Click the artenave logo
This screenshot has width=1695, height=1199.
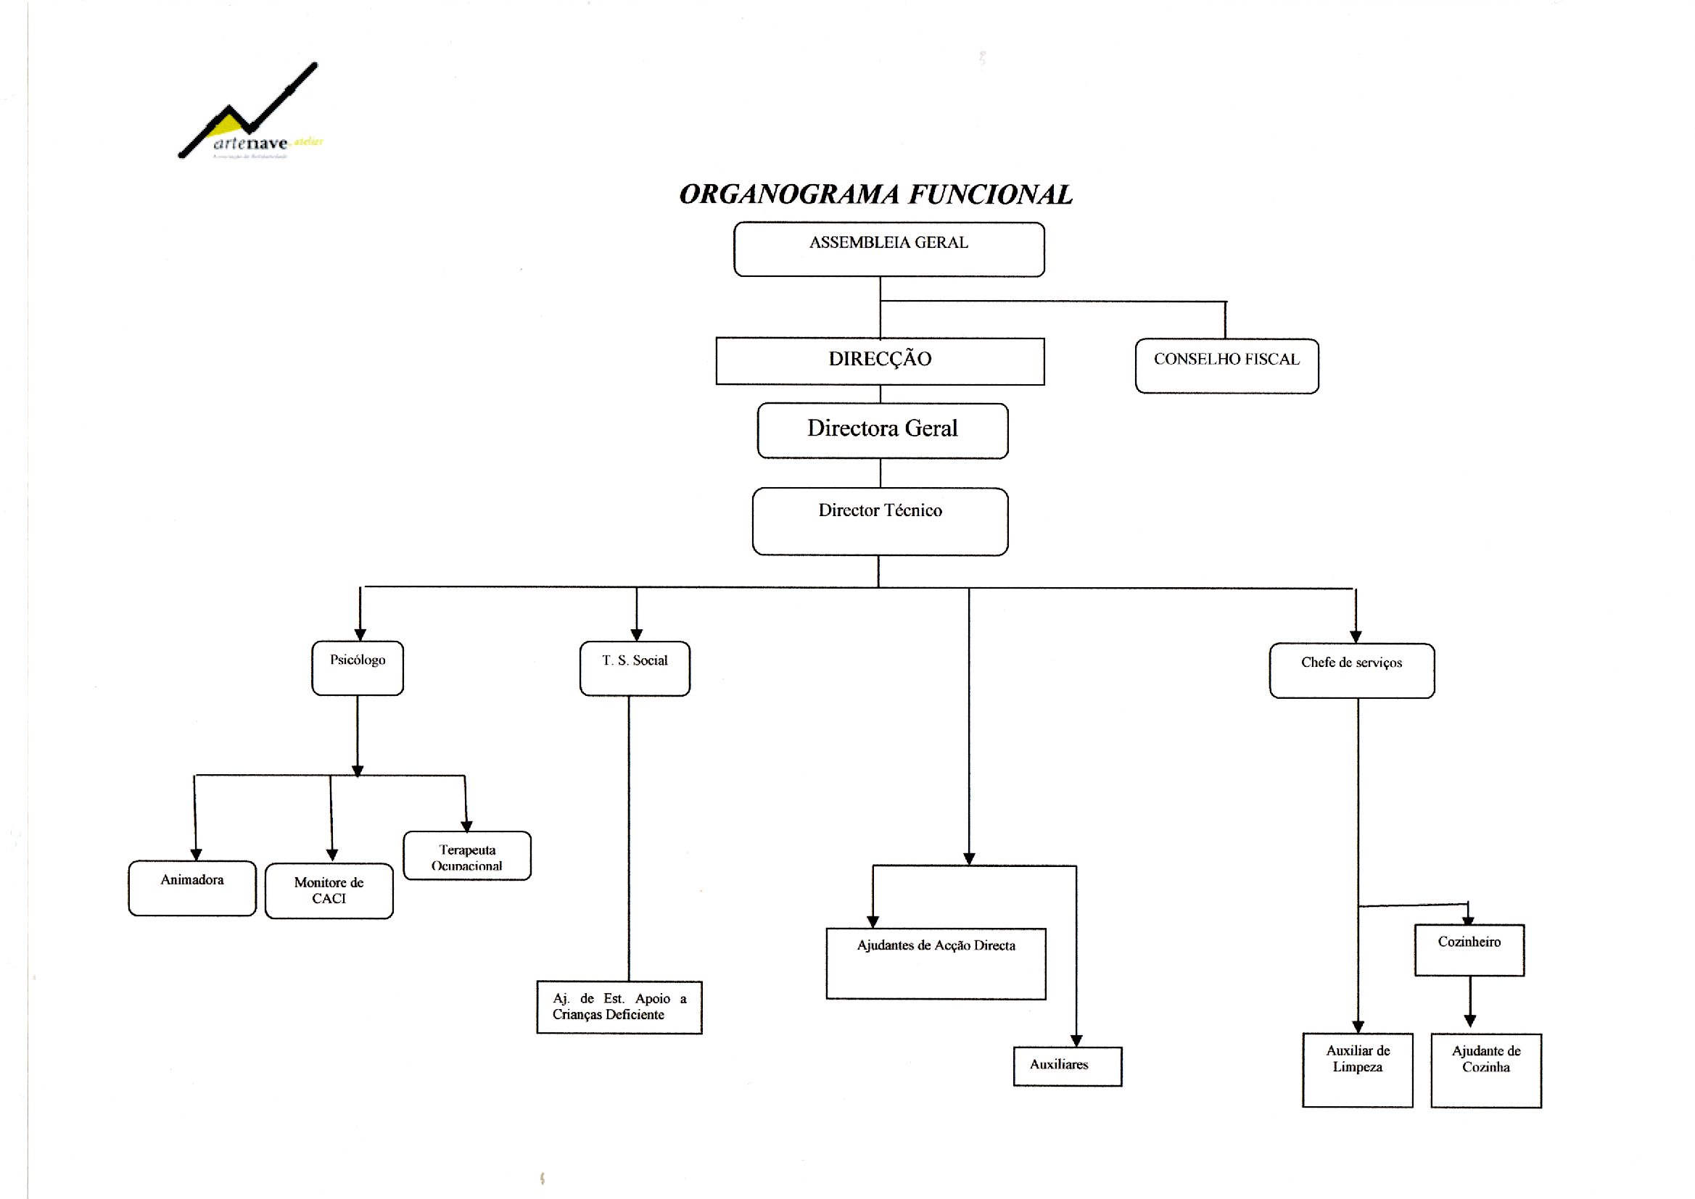(x=249, y=115)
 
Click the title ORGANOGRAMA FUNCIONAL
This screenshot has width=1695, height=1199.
(x=875, y=194)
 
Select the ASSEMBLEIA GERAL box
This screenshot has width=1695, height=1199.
(x=888, y=249)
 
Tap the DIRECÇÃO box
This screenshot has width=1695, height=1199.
(x=880, y=361)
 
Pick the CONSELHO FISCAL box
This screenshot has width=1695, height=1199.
(x=1226, y=365)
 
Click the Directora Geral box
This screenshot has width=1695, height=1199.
(x=883, y=431)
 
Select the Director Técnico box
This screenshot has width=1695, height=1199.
(x=880, y=520)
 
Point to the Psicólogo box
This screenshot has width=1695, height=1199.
(x=358, y=668)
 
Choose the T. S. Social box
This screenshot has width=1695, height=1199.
(x=635, y=668)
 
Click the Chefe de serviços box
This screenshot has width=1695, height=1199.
(x=1351, y=671)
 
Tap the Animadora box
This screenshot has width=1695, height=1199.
(x=192, y=887)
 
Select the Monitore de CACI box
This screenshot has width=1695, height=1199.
(x=329, y=890)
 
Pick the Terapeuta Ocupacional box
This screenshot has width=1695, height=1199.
(x=467, y=855)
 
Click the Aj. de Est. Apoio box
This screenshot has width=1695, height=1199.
(x=619, y=1007)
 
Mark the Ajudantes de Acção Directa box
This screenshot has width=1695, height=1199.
(x=936, y=963)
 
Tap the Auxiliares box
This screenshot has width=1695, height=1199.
(x=1067, y=1066)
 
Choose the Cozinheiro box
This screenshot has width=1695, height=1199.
(x=1469, y=950)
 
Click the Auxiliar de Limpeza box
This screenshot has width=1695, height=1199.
(x=1358, y=1069)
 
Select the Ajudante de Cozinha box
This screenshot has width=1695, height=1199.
(x=1486, y=1070)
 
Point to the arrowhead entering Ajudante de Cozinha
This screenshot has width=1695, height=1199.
(x=1469, y=1021)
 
